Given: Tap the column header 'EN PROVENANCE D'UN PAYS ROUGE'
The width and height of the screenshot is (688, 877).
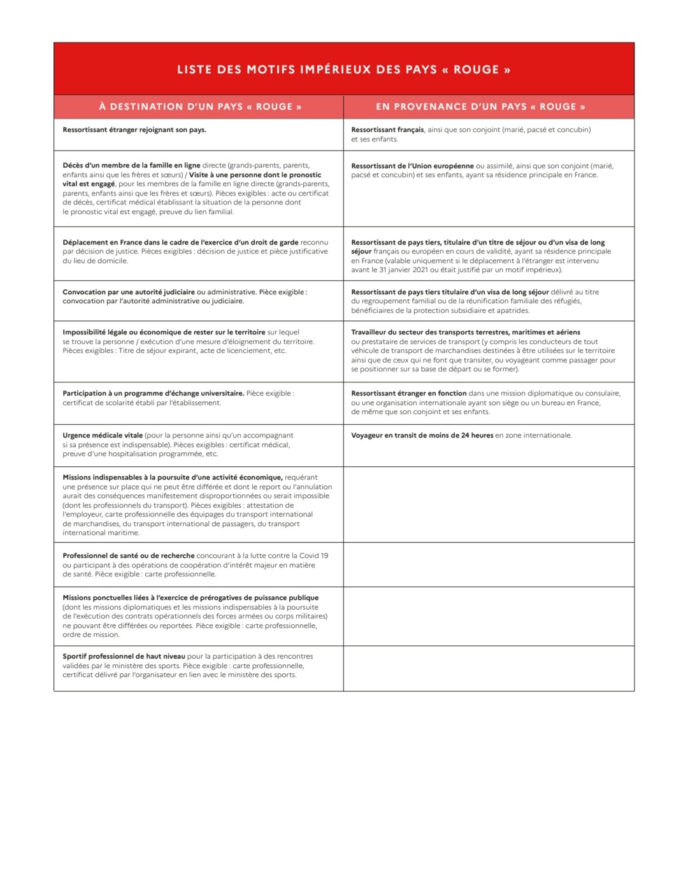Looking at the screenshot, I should click(x=480, y=106).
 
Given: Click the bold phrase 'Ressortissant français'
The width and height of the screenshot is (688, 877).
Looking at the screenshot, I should click(x=387, y=130).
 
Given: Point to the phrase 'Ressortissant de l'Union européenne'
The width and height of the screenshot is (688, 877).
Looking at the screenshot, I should click(x=412, y=166).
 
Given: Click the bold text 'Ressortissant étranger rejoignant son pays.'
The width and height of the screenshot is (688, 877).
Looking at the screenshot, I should click(x=134, y=130).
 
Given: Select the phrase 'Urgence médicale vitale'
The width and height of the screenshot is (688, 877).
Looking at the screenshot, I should click(x=103, y=436).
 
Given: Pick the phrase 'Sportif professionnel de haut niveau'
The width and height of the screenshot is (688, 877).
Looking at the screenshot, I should click(x=124, y=656).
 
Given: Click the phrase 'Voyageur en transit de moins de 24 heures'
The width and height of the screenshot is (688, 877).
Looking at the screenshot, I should click(x=422, y=436).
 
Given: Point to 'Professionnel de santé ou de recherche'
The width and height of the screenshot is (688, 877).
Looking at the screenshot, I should click(x=128, y=555).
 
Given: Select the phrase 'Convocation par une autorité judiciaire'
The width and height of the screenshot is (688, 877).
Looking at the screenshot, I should click(x=129, y=292).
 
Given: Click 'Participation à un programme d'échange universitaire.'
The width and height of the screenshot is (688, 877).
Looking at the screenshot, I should click(x=153, y=394).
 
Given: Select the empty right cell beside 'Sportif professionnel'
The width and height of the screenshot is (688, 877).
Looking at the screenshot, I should click(x=489, y=668).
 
